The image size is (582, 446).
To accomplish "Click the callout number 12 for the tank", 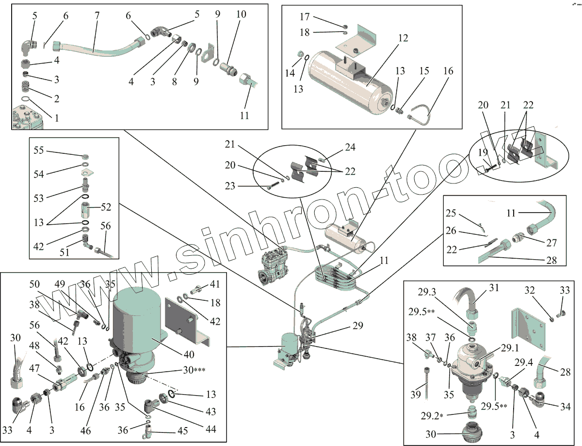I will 403,38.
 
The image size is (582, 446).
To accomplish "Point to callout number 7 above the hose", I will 97,15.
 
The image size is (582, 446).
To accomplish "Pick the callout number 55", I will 39,150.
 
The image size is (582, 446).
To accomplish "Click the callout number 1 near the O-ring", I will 57,117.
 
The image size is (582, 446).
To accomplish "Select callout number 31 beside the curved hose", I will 494,288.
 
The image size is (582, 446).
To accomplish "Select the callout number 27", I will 551,242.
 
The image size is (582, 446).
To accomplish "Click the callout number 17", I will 305,17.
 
